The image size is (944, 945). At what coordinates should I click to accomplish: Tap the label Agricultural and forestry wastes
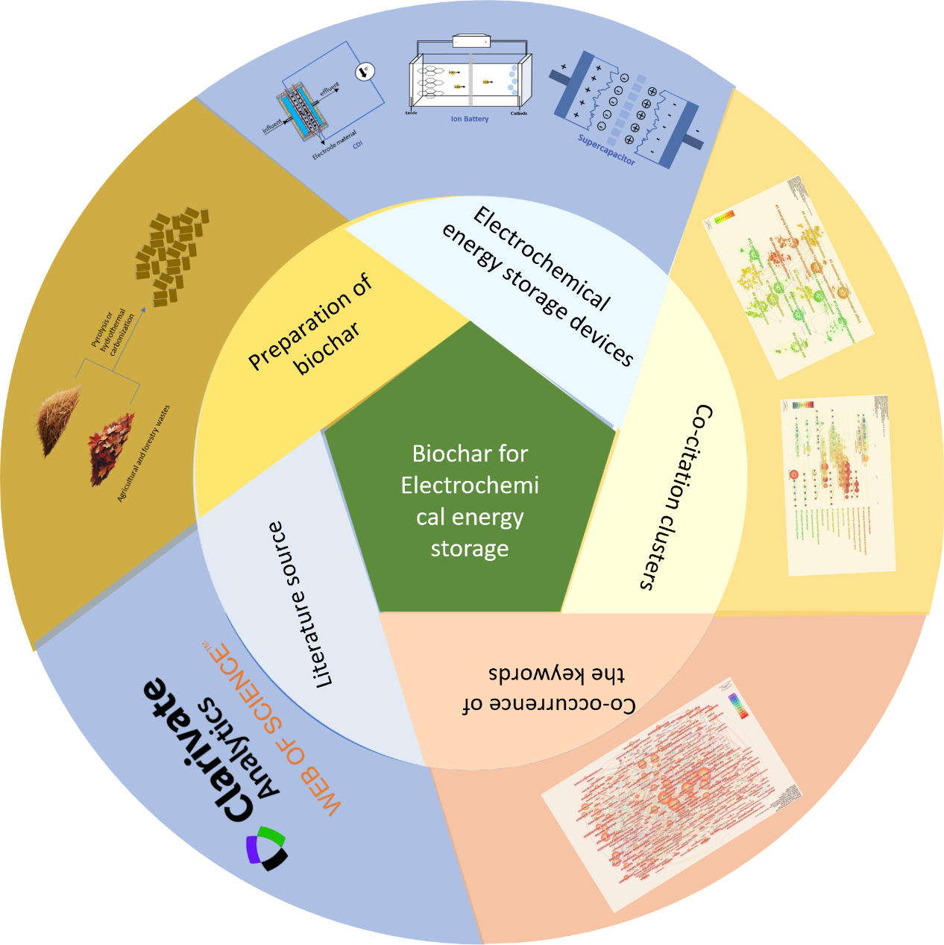[144, 454]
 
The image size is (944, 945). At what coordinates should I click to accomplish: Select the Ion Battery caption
[470, 119]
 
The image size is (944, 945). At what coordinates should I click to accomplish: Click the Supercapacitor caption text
[606, 150]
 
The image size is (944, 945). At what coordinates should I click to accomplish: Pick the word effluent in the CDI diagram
[329, 89]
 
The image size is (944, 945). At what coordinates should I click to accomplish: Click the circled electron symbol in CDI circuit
[365, 72]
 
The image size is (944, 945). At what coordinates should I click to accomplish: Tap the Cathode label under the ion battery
[519, 113]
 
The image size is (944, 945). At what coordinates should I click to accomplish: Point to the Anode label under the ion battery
[411, 113]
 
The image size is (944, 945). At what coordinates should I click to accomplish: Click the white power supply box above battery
[471, 42]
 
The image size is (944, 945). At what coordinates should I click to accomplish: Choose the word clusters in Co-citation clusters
[653, 552]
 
